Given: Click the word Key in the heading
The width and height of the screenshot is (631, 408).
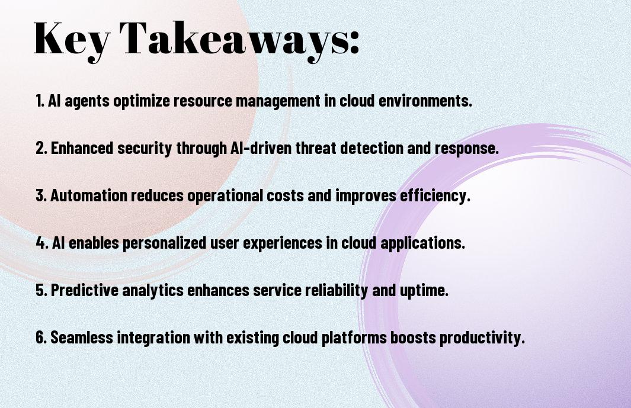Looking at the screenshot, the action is coord(72,40).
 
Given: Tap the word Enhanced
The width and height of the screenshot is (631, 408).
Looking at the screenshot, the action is coord(82,147).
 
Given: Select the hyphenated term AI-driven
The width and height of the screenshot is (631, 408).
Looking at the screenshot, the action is coord(261,147).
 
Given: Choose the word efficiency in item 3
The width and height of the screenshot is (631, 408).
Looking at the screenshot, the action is coord(435,196).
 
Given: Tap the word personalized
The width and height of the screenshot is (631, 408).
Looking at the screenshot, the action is coord(164,243).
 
